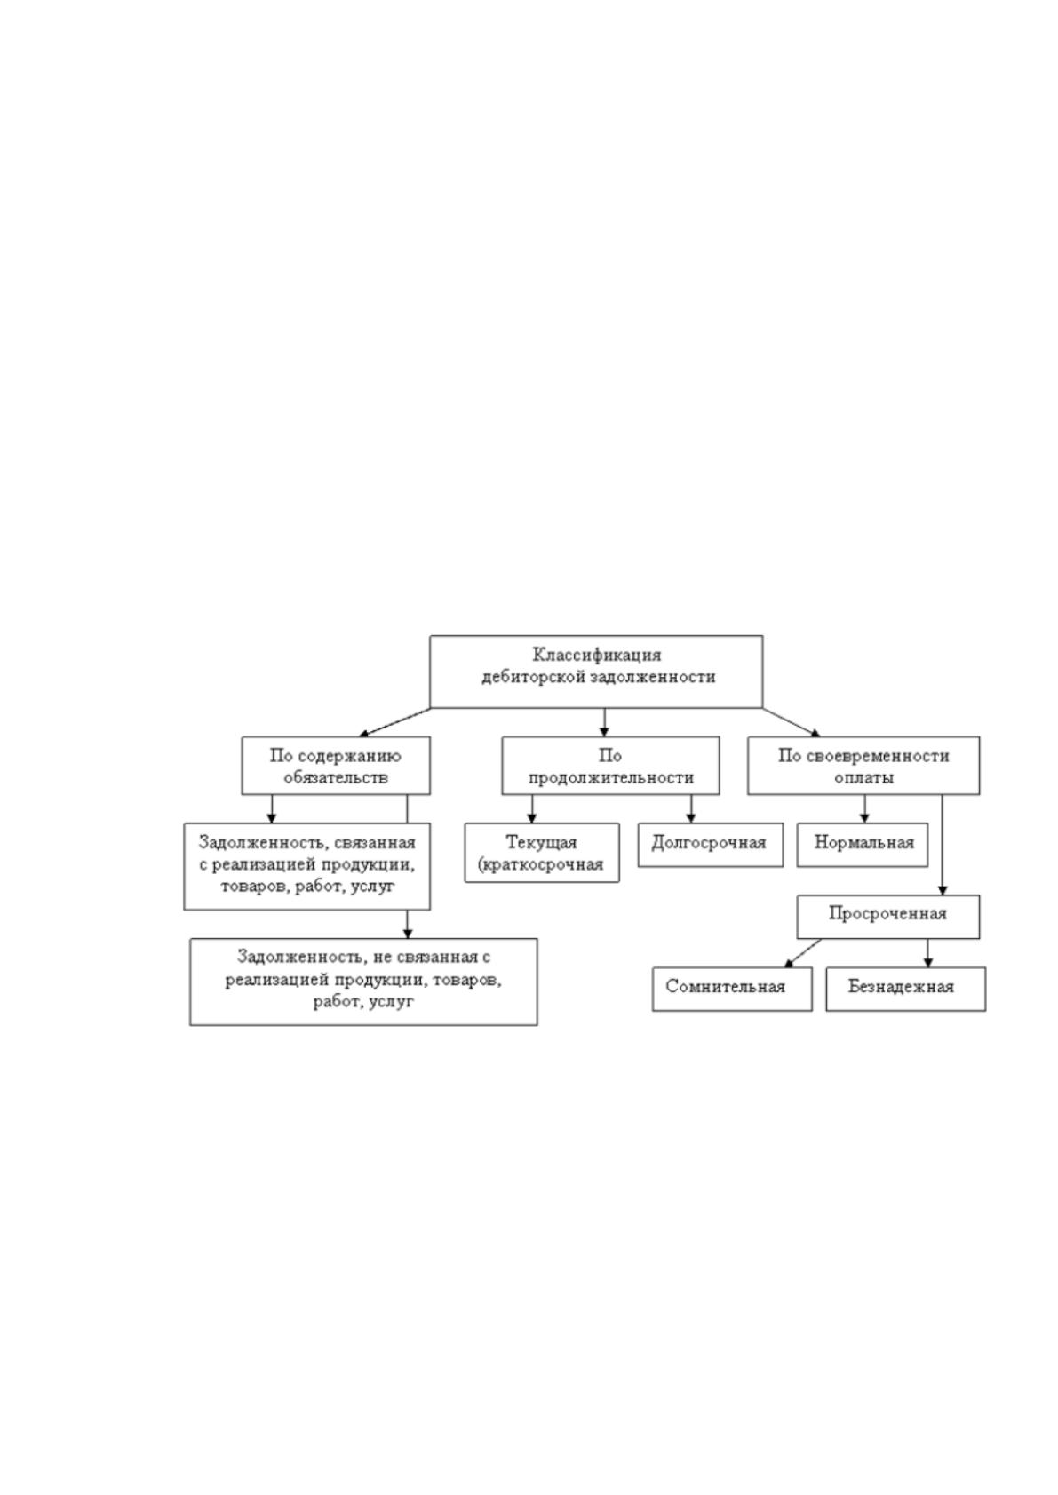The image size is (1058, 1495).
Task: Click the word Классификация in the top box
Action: click(597, 655)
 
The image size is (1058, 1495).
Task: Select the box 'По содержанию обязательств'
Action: click(336, 766)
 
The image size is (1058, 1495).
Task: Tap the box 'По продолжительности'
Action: click(611, 766)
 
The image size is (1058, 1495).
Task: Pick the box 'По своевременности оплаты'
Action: click(863, 766)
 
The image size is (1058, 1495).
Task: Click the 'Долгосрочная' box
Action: click(711, 845)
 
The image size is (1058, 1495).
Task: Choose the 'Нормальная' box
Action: click(863, 845)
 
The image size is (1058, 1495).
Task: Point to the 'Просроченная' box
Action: click(888, 917)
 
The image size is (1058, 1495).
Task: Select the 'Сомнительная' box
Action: click(732, 989)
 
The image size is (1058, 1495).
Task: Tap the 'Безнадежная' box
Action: click(906, 989)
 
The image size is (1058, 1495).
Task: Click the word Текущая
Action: click(541, 842)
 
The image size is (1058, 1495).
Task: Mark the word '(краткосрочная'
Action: click(541, 865)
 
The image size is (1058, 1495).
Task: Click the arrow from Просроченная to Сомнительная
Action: click(802, 953)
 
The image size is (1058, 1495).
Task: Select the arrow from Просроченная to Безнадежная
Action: click(927, 953)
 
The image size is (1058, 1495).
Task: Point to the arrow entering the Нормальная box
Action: click(865, 809)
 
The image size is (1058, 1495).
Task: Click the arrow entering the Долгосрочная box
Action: click(691, 809)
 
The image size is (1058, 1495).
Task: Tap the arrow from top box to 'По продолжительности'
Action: click(605, 722)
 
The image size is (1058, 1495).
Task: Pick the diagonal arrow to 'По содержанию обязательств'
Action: click(394, 722)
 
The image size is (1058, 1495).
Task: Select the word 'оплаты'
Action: click(863, 777)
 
